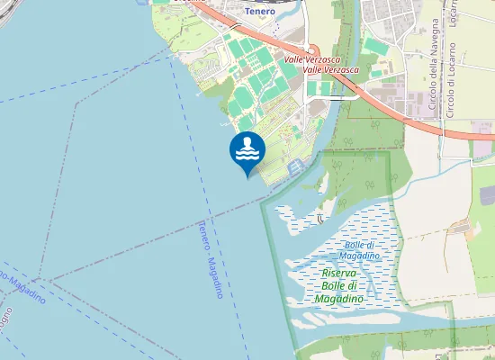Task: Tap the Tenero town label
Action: (259, 12)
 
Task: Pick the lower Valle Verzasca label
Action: (331, 69)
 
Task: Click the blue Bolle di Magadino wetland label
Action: (358, 250)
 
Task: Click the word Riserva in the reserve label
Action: (339, 273)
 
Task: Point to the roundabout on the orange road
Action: (313, 50)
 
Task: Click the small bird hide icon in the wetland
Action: (321, 219)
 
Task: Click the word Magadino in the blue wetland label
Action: (358, 256)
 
